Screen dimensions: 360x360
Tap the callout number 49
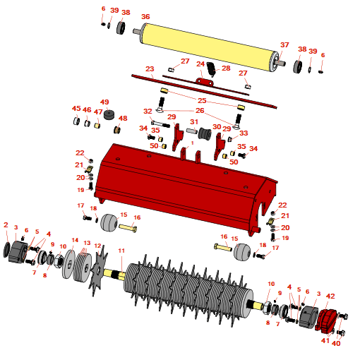point(104,102)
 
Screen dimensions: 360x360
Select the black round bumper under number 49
point(109,114)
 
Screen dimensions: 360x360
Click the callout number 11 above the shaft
point(121,251)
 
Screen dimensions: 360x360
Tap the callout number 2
point(6,224)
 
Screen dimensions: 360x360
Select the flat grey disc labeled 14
point(68,264)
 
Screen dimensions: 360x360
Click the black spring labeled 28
point(211,69)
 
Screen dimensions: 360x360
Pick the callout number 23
point(150,69)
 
